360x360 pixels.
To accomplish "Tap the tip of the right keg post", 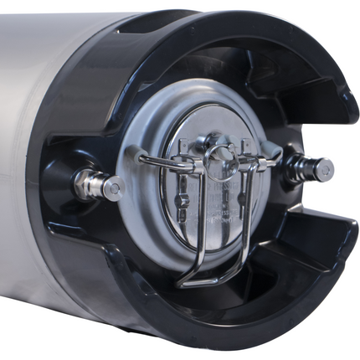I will click(x=324, y=170).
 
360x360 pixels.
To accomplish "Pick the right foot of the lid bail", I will click(x=273, y=156).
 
